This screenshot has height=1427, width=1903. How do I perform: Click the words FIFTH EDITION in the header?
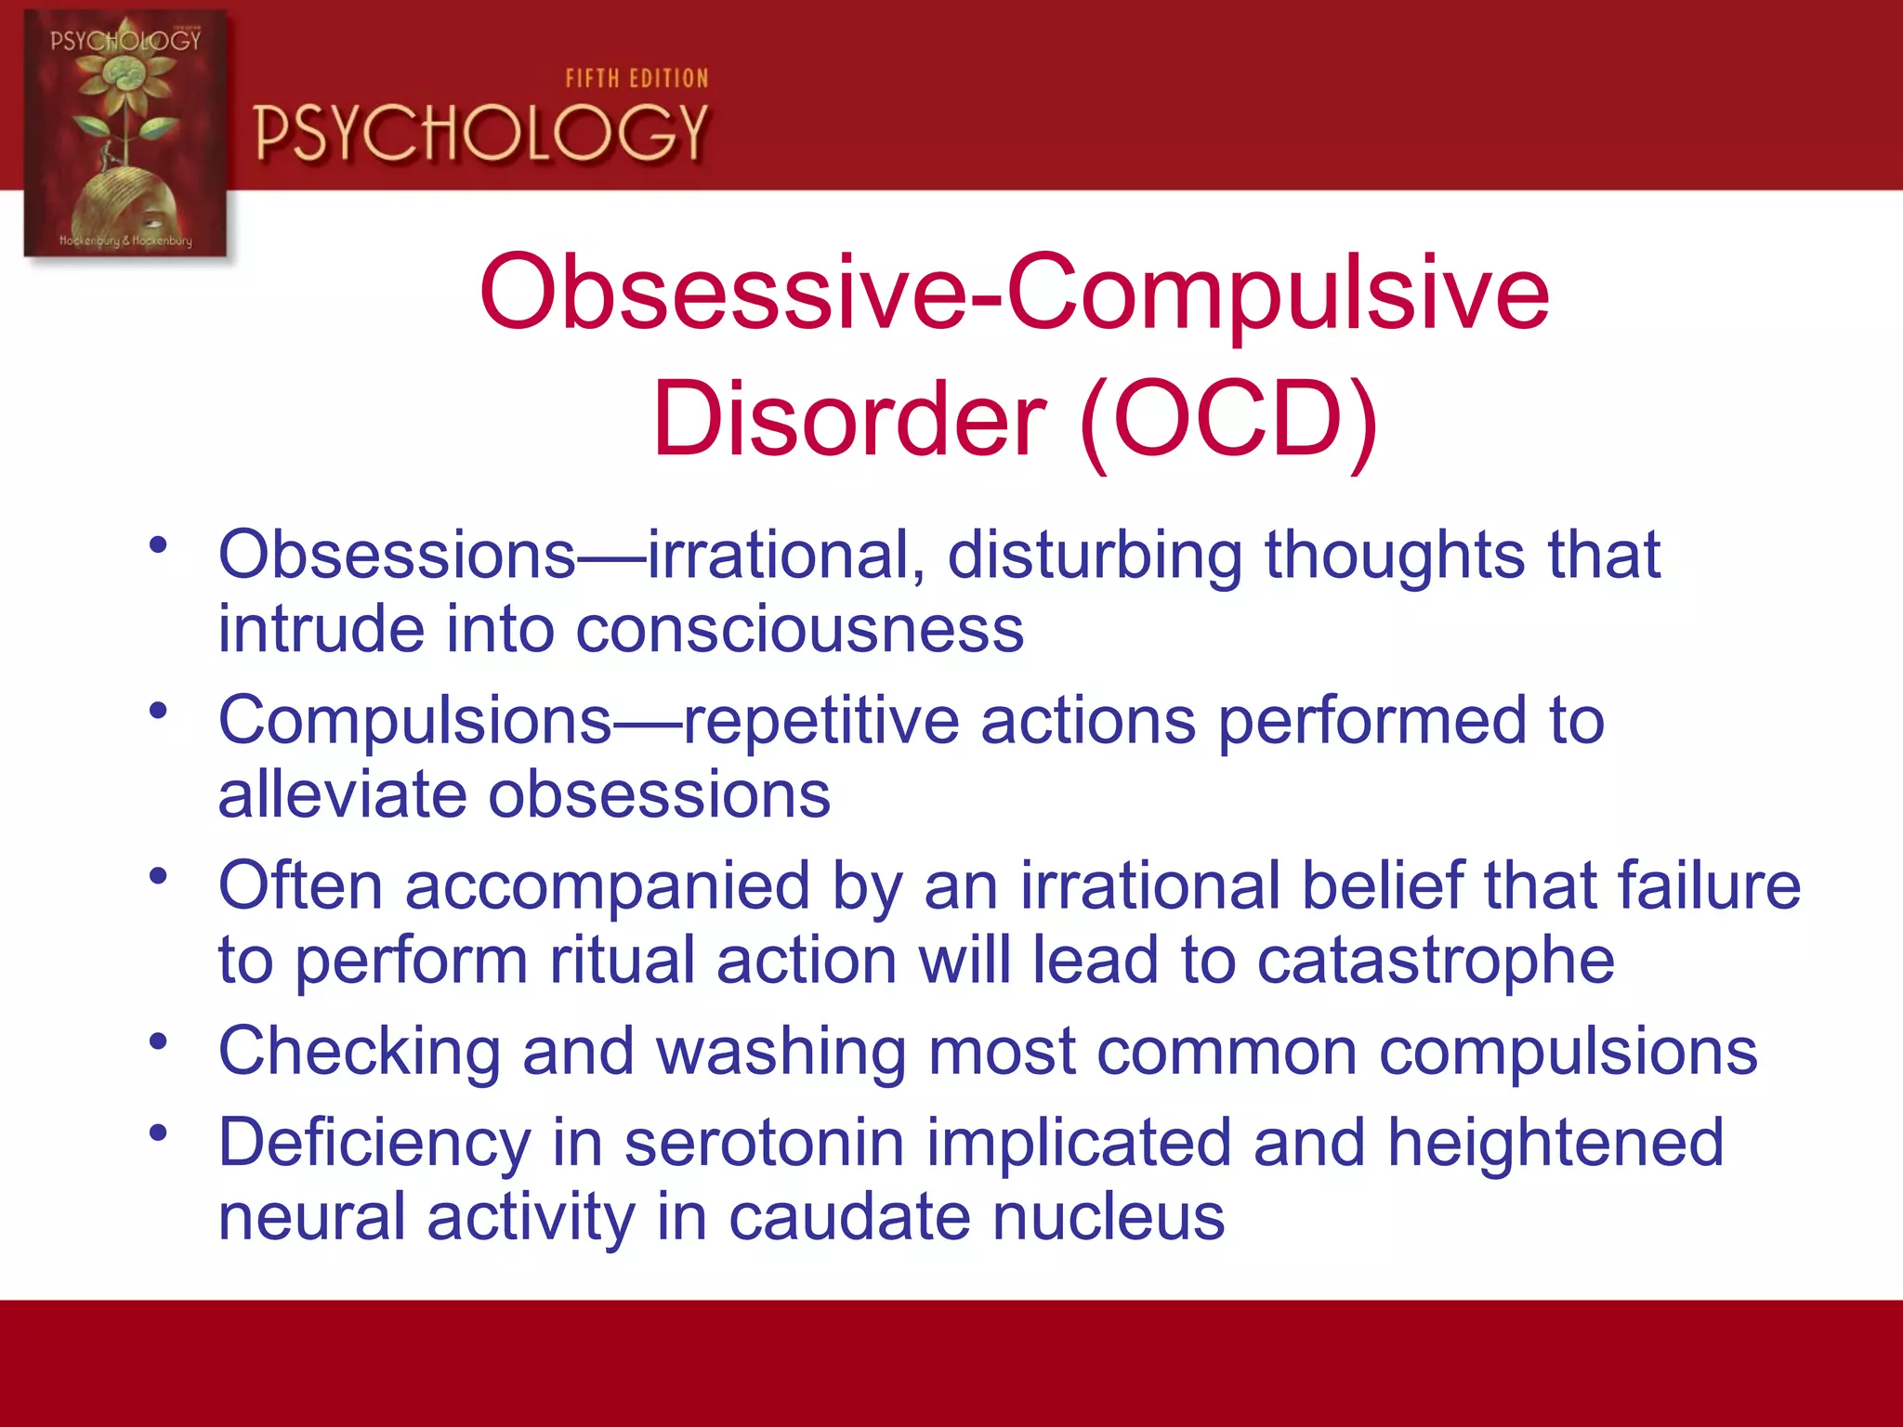(x=637, y=79)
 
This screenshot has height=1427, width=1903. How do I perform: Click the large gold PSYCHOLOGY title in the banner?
(x=481, y=133)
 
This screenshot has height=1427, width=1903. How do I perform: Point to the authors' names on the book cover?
(x=125, y=241)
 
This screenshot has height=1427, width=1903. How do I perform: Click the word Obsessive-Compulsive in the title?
(x=1014, y=293)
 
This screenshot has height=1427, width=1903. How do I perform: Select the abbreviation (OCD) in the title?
(x=1228, y=420)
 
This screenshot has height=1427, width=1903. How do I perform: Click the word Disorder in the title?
(x=849, y=420)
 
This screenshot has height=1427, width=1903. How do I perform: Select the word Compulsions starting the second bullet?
(x=415, y=721)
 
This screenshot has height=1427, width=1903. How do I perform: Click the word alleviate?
(x=342, y=795)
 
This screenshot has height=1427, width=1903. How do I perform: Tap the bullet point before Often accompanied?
(x=159, y=875)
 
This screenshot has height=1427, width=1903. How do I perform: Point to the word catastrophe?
(x=1436, y=961)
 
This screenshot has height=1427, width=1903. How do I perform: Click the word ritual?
(x=621, y=961)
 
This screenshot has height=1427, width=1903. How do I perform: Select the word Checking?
(x=360, y=1052)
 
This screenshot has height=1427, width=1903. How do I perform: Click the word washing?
(x=781, y=1052)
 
